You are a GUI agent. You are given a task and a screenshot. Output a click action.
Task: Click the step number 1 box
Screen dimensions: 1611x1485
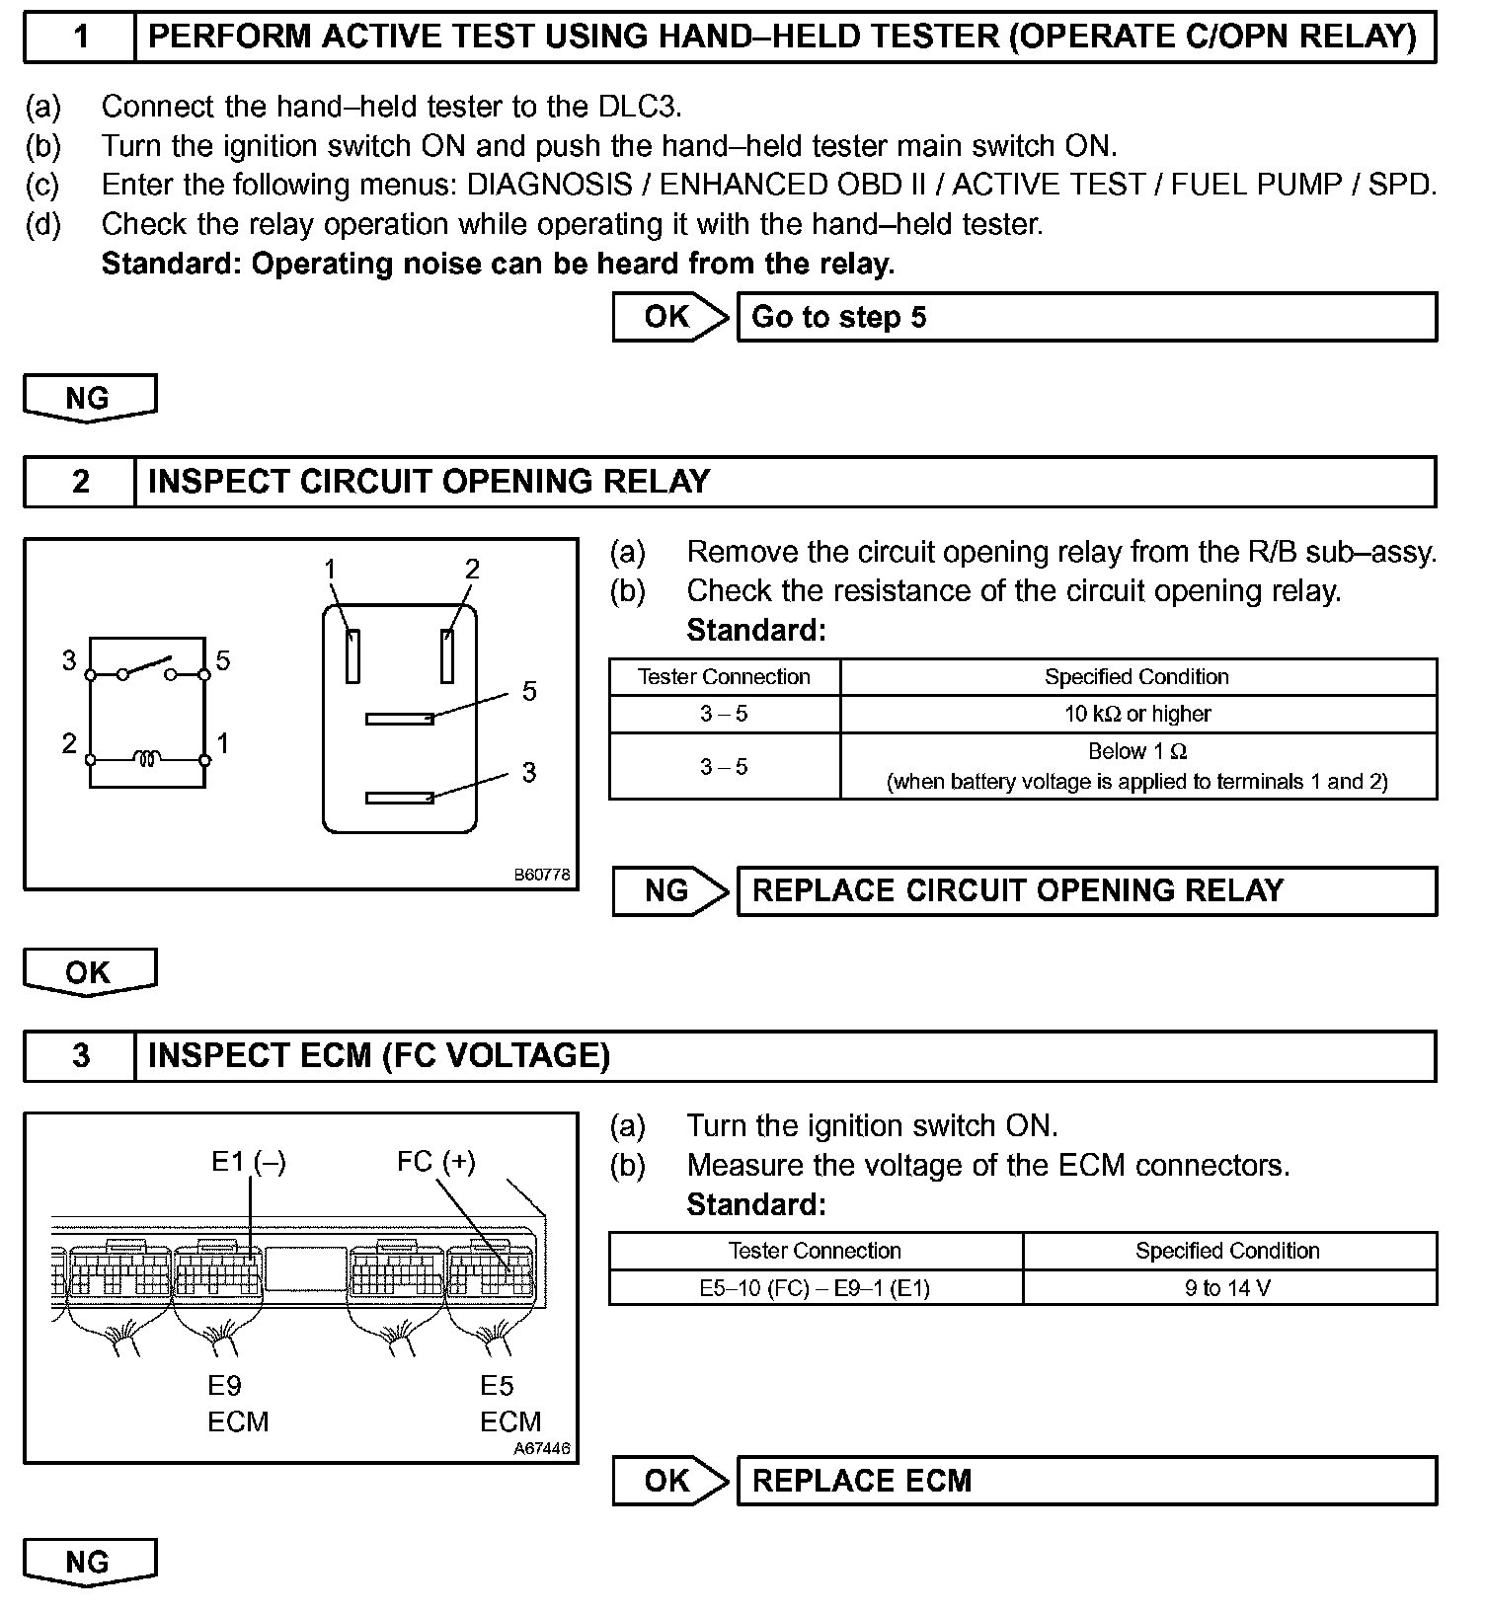click(x=80, y=38)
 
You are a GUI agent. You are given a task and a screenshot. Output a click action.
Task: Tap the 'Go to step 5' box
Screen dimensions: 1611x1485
click(x=1086, y=317)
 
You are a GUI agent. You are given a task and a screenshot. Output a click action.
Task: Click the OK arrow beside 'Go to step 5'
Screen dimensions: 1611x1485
click(x=669, y=317)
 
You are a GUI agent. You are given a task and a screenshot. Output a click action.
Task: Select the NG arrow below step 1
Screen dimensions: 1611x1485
click(x=89, y=398)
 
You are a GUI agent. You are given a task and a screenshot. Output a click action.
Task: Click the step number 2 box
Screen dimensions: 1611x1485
click(x=80, y=482)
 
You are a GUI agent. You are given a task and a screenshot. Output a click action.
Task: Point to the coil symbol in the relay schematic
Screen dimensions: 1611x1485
click(x=147, y=759)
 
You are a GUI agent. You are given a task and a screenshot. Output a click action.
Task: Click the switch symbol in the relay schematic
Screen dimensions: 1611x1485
click(x=147, y=669)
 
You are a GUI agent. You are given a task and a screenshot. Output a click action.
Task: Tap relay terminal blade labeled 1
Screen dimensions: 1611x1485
click(x=352, y=655)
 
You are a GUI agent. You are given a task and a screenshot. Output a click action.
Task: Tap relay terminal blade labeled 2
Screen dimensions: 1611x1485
click(x=447, y=655)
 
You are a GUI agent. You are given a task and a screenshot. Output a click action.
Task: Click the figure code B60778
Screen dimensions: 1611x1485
click(x=541, y=875)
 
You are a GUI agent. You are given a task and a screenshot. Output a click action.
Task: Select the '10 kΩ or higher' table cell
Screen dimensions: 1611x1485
click(x=1137, y=714)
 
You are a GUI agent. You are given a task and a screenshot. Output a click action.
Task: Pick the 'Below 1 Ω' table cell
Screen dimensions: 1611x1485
click(x=1137, y=766)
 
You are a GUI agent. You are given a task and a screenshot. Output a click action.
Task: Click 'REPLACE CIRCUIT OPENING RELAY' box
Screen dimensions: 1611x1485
click(x=1086, y=890)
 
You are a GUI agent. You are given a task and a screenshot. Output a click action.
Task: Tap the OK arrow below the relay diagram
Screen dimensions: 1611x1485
click(x=89, y=972)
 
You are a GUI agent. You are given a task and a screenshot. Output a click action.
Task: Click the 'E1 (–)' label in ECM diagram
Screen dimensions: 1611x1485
click(x=249, y=1162)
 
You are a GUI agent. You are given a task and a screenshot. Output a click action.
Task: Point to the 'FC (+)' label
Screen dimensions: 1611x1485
click(x=435, y=1162)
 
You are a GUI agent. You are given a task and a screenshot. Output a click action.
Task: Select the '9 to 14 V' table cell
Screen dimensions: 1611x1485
click(x=1228, y=1288)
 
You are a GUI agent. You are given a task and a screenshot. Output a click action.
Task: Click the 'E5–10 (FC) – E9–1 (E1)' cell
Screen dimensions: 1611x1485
click(x=815, y=1288)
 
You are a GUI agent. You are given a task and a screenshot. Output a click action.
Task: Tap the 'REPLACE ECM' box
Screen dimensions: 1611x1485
click(x=1086, y=1481)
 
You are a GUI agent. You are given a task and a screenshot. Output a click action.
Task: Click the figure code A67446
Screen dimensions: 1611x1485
click(x=541, y=1449)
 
